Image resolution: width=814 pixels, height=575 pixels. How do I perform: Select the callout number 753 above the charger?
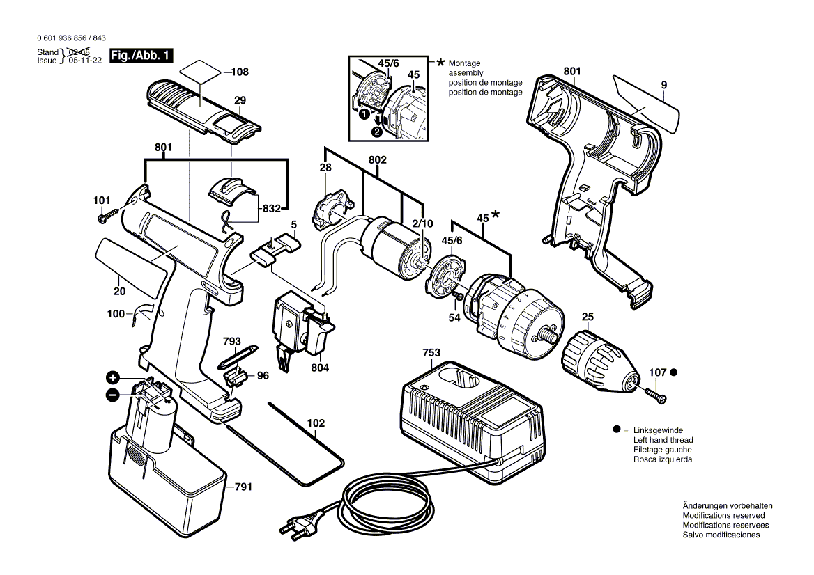[x=431, y=353]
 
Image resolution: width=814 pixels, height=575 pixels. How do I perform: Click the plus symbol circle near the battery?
[x=112, y=378]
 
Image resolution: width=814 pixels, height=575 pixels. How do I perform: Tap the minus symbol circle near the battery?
[x=112, y=395]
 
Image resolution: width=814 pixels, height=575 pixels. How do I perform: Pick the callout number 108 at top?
[x=240, y=72]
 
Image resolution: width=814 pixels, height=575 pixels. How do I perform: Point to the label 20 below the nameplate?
[x=120, y=292]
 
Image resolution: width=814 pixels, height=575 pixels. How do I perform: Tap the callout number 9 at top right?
[x=663, y=85]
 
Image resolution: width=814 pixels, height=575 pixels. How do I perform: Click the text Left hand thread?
[x=663, y=440]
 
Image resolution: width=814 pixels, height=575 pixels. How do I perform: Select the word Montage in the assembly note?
[x=465, y=63]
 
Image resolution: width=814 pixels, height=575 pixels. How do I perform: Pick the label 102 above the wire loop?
[x=316, y=422]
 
